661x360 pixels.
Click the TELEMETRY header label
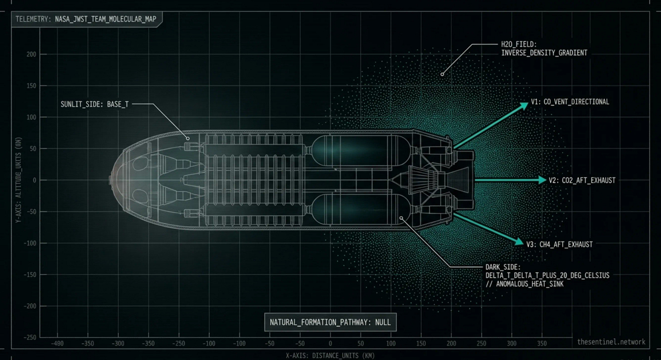tap(87, 20)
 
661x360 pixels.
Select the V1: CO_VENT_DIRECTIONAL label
tap(570, 102)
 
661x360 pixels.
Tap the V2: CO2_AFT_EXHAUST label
tap(582, 180)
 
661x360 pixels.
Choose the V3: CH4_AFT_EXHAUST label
tap(559, 244)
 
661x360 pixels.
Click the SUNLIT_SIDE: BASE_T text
tap(95, 104)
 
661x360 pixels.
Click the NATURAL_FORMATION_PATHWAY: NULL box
tap(330, 323)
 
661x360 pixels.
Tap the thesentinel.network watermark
tap(611, 342)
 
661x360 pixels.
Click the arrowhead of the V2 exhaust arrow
tap(541, 180)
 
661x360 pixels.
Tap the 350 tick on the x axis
tap(542, 344)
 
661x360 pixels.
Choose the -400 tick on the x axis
tap(57, 344)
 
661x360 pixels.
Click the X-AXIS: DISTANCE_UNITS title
tap(330, 356)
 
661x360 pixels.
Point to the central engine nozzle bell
tap(459, 180)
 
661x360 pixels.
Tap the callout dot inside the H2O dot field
tap(442, 73)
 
